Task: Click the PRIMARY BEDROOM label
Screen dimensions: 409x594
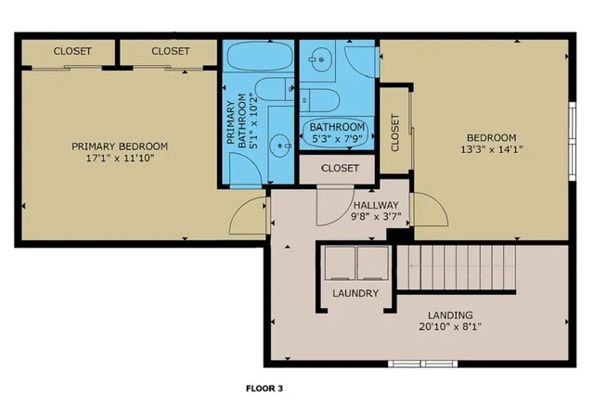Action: [121, 146]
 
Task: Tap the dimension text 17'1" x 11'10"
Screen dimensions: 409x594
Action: [121, 159]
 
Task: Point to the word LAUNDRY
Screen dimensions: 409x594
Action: [355, 293]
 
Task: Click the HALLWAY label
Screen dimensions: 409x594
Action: [376, 206]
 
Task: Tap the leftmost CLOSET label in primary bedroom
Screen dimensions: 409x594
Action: [72, 52]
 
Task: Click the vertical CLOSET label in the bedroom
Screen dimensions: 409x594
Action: [395, 132]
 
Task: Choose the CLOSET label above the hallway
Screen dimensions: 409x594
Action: [340, 169]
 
